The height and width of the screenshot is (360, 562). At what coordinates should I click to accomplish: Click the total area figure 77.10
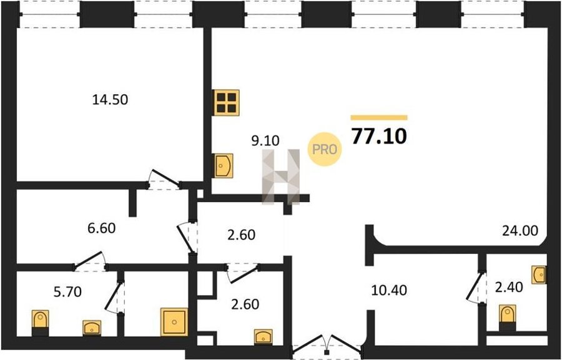pos(379,136)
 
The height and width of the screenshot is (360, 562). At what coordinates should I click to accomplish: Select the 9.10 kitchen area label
pos(264,141)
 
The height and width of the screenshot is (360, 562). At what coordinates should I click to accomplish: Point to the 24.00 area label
pos(520,231)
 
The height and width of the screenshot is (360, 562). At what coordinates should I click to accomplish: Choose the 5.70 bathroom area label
pos(65,290)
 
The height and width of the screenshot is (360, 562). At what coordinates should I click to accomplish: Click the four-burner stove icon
pos(227,102)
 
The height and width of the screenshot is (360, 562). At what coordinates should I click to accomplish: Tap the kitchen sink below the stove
pos(223,166)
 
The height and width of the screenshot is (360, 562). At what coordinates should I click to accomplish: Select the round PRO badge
pos(325,149)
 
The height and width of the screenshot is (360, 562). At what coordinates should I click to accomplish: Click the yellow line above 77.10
pos(379,117)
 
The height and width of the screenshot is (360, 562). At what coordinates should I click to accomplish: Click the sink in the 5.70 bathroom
pos(92,326)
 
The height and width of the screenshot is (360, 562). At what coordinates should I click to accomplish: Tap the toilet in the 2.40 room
pos(508,315)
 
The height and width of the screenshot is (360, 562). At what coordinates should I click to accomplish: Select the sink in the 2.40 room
pos(540,273)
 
